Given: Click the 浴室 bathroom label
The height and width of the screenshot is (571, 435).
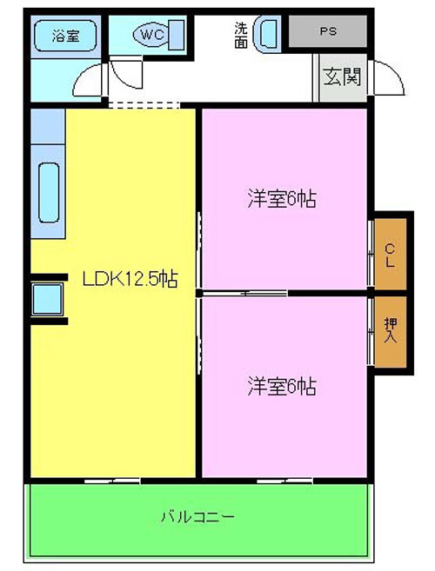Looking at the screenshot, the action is (65, 36).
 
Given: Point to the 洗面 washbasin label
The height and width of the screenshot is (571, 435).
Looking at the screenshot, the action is (241, 36).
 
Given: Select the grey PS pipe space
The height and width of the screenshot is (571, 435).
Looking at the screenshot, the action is (328, 31).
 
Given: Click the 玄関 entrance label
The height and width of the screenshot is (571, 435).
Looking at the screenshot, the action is (342, 76).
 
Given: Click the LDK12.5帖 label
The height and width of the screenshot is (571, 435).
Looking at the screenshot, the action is (130, 280).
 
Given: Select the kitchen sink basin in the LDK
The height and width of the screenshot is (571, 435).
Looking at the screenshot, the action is (49, 192).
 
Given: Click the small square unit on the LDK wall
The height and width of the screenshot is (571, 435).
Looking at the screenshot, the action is (47, 299).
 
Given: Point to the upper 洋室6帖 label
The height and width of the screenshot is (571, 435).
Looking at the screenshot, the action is (282, 198).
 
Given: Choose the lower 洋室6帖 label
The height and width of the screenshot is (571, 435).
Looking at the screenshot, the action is (282, 386).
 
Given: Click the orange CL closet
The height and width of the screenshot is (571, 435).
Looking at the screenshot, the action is (391, 254).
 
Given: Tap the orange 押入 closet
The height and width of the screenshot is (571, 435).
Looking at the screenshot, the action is (391, 332).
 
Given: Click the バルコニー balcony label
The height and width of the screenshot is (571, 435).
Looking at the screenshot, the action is (197, 517).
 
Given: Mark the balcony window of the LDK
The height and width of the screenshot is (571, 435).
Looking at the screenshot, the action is (112, 481).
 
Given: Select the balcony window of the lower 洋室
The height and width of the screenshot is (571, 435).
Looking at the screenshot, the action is (284, 481).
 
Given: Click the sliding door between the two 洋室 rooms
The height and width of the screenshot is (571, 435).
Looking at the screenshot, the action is (244, 293).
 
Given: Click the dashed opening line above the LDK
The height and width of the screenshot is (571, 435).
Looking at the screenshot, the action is (144, 105).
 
